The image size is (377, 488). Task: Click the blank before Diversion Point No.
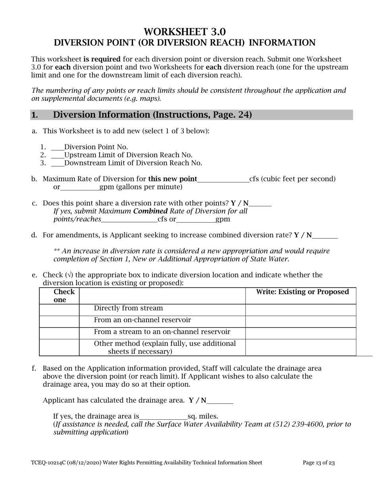click(x=58, y=148)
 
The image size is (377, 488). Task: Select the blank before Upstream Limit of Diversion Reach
click(x=58, y=156)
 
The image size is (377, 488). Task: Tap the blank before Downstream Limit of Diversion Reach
click(x=58, y=163)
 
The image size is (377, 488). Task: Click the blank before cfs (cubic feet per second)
click(x=223, y=180)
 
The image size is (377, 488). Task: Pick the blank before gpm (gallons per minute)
click(x=79, y=188)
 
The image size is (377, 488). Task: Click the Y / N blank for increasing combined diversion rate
click(x=325, y=236)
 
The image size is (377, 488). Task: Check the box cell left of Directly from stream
click(x=59, y=309)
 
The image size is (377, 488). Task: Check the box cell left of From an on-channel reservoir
click(x=59, y=321)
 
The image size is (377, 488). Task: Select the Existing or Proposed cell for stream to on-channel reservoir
click(x=300, y=333)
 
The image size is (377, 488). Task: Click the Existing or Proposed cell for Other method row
click(x=300, y=347)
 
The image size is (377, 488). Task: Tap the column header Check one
click(x=59, y=296)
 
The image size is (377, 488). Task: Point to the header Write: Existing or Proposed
click(x=303, y=292)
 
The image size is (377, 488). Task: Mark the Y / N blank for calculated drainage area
click(x=220, y=401)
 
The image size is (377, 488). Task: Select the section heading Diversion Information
click(x=152, y=115)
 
